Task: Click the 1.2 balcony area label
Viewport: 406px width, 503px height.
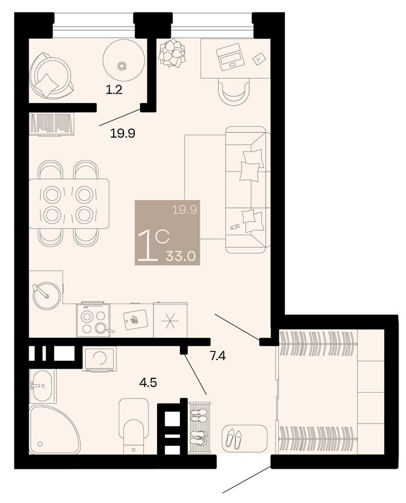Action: click(x=115, y=89)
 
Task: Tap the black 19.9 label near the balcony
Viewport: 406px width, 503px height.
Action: click(x=122, y=134)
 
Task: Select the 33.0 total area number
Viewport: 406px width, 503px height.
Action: click(x=180, y=256)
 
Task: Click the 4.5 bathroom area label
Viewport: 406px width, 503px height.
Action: click(x=149, y=381)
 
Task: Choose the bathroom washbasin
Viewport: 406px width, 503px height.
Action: click(x=41, y=385)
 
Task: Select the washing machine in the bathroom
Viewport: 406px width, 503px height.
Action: click(x=99, y=358)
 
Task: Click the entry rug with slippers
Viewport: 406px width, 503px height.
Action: click(x=244, y=437)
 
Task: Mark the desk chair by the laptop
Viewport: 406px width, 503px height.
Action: click(x=234, y=90)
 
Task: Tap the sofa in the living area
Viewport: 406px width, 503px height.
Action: click(x=247, y=189)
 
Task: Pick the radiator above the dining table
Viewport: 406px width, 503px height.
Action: click(x=52, y=123)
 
